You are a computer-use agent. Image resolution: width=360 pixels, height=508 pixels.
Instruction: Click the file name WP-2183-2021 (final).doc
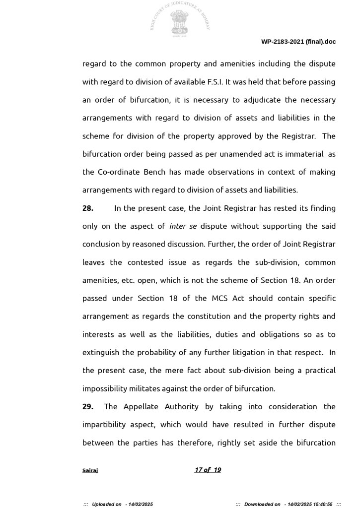298,42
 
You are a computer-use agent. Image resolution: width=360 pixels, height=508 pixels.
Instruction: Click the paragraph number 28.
88,208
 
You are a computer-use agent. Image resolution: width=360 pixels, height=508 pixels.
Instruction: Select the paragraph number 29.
88,406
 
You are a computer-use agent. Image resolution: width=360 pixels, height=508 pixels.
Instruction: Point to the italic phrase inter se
183,226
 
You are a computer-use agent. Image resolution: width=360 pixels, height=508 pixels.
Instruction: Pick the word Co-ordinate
121,172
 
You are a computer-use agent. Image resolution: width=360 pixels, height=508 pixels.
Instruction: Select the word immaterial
303,154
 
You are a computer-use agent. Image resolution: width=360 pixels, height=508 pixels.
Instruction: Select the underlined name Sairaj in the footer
90,470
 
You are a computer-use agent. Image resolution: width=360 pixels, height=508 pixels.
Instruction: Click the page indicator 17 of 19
208,470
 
